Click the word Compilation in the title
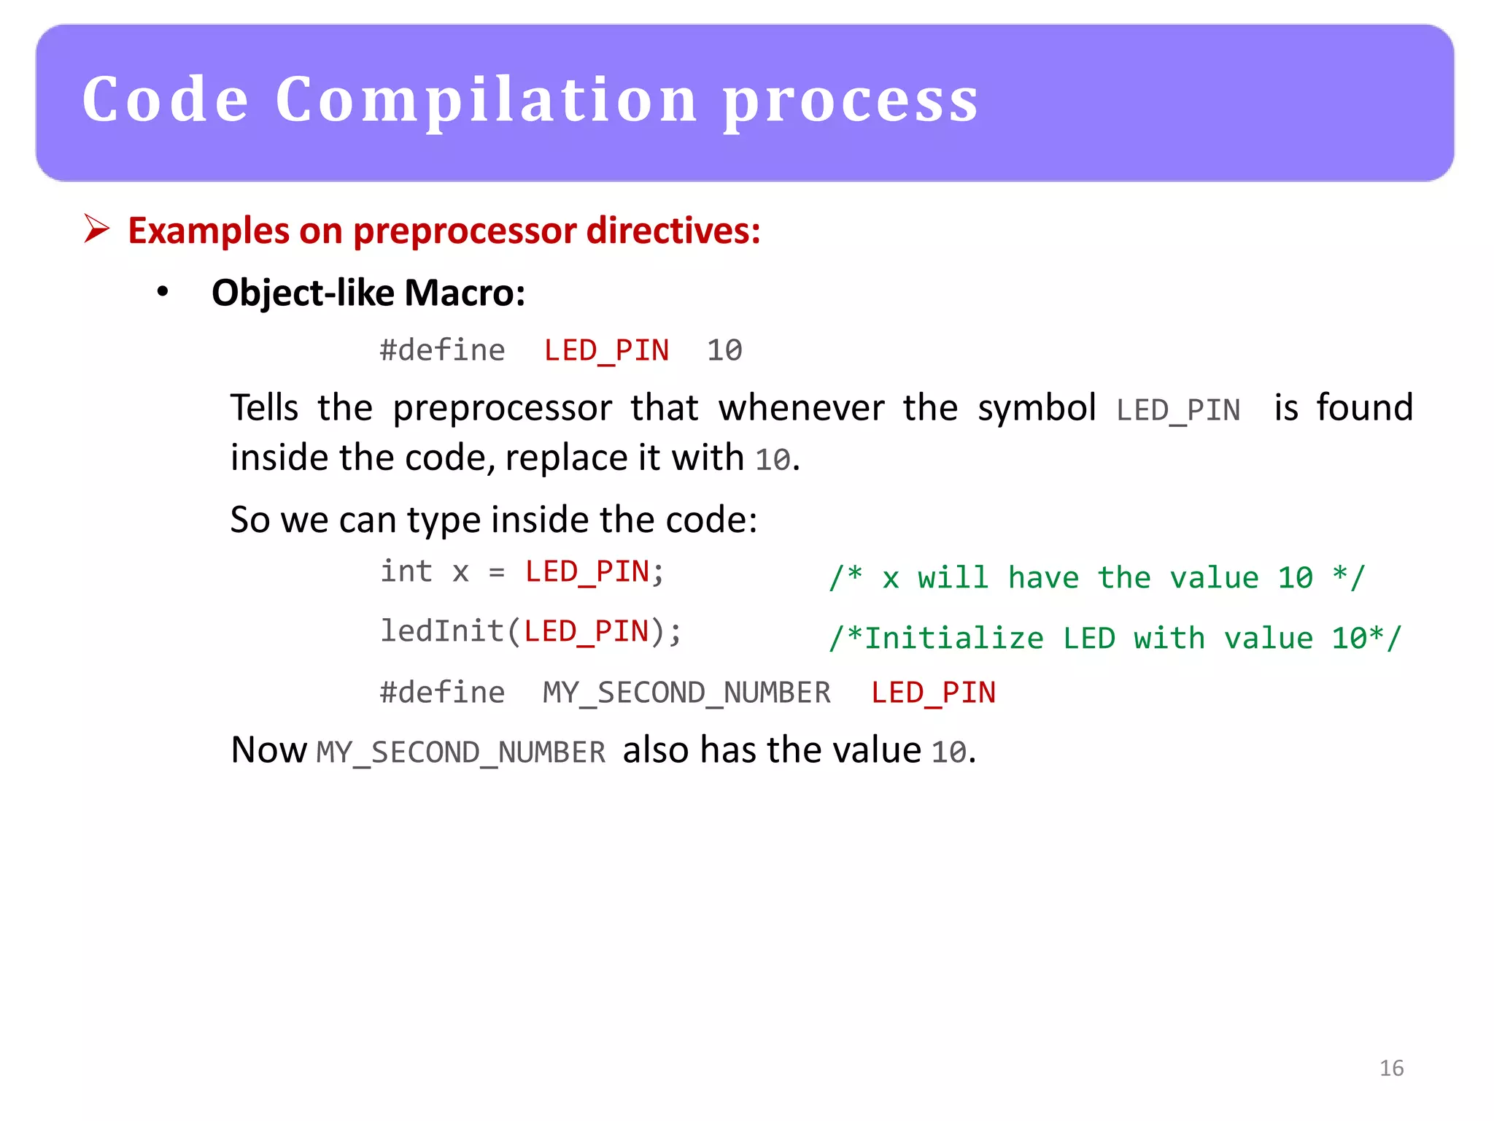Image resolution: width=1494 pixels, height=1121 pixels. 487,100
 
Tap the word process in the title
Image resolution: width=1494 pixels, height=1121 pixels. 851,102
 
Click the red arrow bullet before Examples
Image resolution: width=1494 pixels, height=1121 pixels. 96,228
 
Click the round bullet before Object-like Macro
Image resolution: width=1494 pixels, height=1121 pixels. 163,292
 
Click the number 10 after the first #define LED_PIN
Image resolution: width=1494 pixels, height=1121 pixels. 724,350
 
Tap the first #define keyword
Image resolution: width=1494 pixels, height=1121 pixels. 442,350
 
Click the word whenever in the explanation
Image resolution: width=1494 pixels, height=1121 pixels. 801,407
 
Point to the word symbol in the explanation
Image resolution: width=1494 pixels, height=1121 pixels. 1037,409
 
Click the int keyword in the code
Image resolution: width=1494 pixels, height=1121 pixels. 406,571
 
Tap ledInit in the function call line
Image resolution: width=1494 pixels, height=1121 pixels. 442,631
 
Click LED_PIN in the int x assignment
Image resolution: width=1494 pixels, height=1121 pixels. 587,572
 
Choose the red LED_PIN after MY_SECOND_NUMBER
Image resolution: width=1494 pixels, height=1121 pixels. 933,693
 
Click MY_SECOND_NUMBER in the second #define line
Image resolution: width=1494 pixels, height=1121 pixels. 686,693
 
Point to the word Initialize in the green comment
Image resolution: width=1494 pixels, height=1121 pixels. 954,639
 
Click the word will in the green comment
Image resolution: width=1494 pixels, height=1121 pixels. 953,578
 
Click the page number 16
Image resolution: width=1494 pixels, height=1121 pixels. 1391,1068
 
